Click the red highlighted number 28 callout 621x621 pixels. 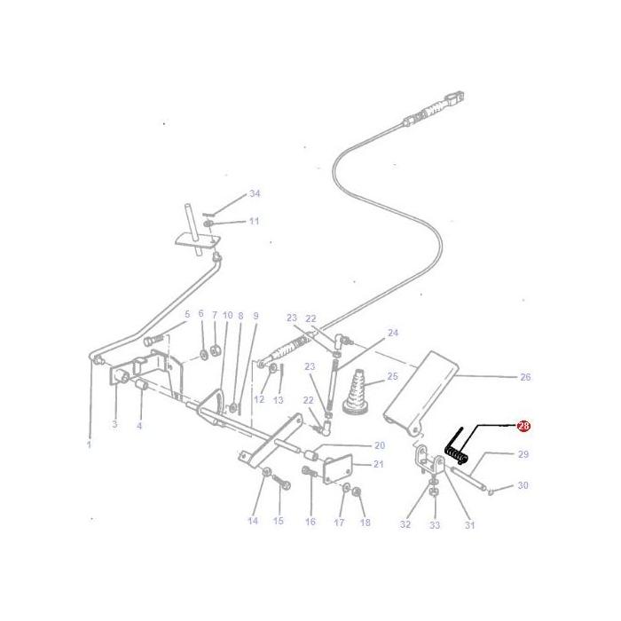pyautogui.click(x=523, y=427)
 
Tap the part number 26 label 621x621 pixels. pyautogui.click(x=524, y=377)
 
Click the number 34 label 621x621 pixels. pyautogui.click(x=255, y=193)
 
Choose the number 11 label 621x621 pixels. pyautogui.click(x=254, y=221)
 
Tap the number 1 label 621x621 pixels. pyautogui.click(x=89, y=444)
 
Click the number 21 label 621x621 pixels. pyautogui.click(x=379, y=464)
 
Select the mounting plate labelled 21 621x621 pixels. pyautogui.click(x=338, y=469)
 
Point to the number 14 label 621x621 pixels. pyautogui.click(x=253, y=521)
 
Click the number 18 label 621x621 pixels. pyautogui.click(x=365, y=523)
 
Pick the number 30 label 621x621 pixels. pyautogui.click(x=523, y=485)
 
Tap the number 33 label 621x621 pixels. pyautogui.click(x=435, y=525)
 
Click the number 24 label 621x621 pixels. pyautogui.click(x=393, y=333)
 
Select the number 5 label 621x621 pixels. pyautogui.click(x=187, y=314)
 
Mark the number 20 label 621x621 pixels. pyautogui.click(x=379, y=445)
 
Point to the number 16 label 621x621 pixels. pyautogui.click(x=310, y=522)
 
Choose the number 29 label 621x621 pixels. pyautogui.click(x=523, y=454)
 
